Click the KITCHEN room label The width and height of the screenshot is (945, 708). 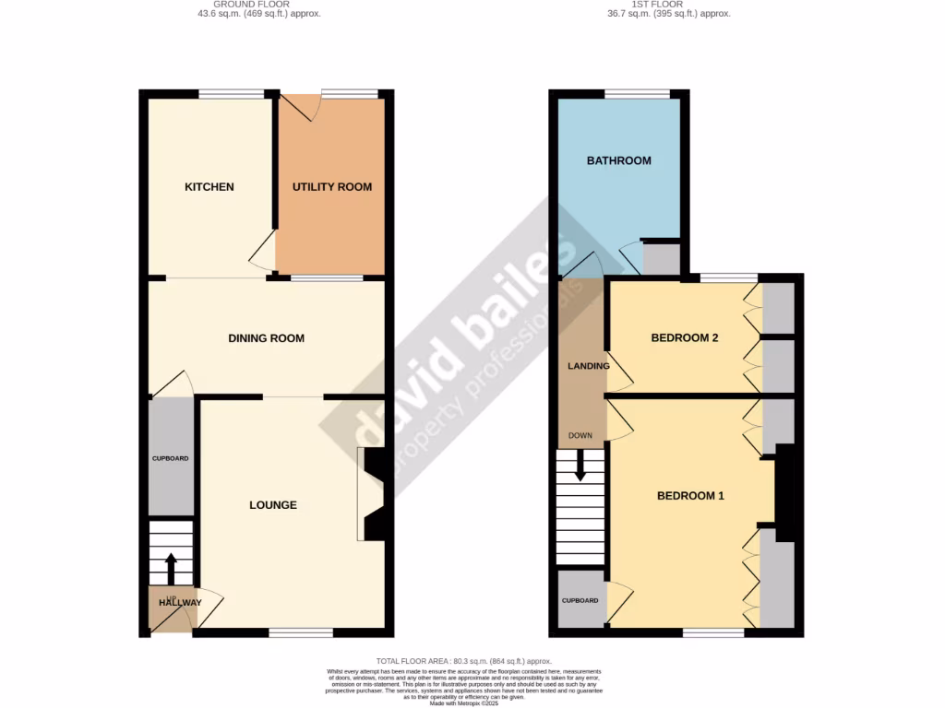[209, 187]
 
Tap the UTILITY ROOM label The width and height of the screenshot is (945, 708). [332, 187]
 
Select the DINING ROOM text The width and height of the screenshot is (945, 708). [266, 338]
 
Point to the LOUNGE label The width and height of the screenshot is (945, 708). [273, 505]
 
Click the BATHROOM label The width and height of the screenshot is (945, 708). [619, 160]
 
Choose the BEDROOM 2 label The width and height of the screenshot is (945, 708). [685, 338]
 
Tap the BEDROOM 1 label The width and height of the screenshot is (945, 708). [690, 496]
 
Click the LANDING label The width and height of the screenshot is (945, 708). [588, 366]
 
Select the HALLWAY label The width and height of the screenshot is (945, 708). [179, 603]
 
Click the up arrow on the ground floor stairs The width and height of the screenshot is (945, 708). [171, 567]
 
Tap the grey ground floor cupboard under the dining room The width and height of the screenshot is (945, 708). [171, 458]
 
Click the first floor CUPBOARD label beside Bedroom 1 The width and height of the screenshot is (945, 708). [580, 601]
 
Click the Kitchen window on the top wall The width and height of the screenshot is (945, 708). [232, 93]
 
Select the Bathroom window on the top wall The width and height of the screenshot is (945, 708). [637, 93]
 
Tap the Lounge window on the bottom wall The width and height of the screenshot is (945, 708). [301, 632]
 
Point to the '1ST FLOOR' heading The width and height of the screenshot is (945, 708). [658, 5]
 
